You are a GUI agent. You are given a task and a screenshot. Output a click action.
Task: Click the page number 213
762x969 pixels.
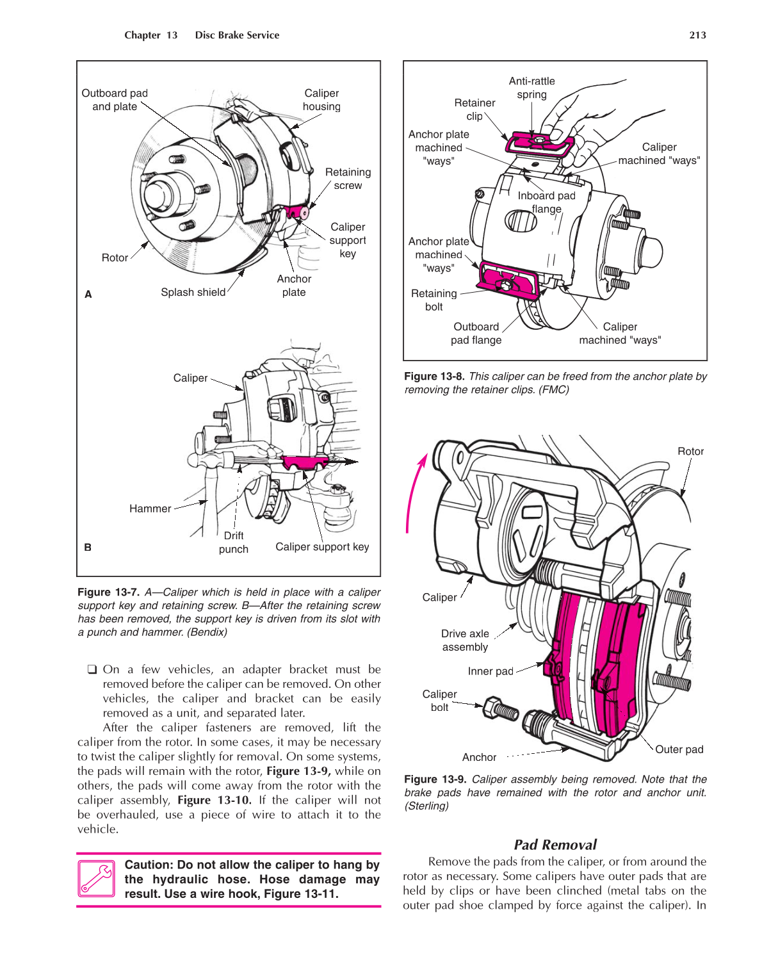click(x=697, y=35)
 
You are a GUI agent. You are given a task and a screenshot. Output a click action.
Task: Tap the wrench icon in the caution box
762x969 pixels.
click(x=96, y=878)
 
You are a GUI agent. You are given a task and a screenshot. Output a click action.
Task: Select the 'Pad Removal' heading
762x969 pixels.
click(x=555, y=844)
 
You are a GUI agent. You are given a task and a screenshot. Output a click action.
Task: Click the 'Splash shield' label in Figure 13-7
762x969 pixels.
click(x=193, y=292)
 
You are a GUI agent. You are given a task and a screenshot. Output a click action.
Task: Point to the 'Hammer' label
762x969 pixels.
click(x=150, y=509)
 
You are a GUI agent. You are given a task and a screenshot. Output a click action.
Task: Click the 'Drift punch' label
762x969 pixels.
click(x=233, y=542)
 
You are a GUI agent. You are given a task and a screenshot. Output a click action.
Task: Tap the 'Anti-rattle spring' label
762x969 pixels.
click(x=531, y=88)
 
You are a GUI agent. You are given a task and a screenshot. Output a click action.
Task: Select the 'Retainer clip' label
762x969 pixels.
click(x=474, y=110)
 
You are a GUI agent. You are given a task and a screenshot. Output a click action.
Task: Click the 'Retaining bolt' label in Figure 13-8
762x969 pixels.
click(x=434, y=300)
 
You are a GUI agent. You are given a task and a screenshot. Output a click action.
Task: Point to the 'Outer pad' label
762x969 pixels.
click(x=679, y=749)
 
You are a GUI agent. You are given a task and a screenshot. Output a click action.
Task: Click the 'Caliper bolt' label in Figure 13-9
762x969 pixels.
click(x=439, y=701)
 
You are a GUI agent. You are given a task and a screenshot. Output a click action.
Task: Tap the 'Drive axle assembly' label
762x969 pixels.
click(x=465, y=640)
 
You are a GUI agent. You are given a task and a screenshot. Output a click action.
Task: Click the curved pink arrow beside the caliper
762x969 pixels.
click(x=413, y=493)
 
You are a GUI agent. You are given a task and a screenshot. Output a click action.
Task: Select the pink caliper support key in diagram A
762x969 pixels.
click(x=296, y=211)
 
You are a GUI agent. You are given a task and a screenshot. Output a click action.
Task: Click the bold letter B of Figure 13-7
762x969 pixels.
click(x=88, y=548)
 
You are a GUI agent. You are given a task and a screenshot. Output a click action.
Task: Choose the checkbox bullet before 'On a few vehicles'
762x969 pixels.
click(x=92, y=669)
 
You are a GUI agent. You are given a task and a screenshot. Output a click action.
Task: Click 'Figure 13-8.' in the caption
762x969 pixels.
click(x=434, y=377)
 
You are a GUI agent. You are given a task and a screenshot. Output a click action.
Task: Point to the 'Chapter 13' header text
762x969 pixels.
click(x=151, y=35)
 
